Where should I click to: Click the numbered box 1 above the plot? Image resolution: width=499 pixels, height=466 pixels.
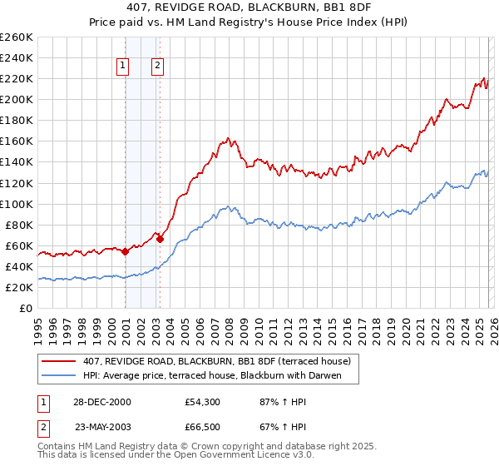123,67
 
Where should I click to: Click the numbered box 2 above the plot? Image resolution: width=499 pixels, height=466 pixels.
157,67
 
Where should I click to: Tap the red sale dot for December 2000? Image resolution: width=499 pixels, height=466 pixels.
125,251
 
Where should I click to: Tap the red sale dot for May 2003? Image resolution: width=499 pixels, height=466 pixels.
160,239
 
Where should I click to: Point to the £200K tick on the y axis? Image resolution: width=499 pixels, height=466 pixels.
17,99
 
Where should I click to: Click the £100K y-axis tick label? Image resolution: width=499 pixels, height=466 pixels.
17,204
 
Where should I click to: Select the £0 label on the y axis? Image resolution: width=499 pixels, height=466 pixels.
25,308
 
